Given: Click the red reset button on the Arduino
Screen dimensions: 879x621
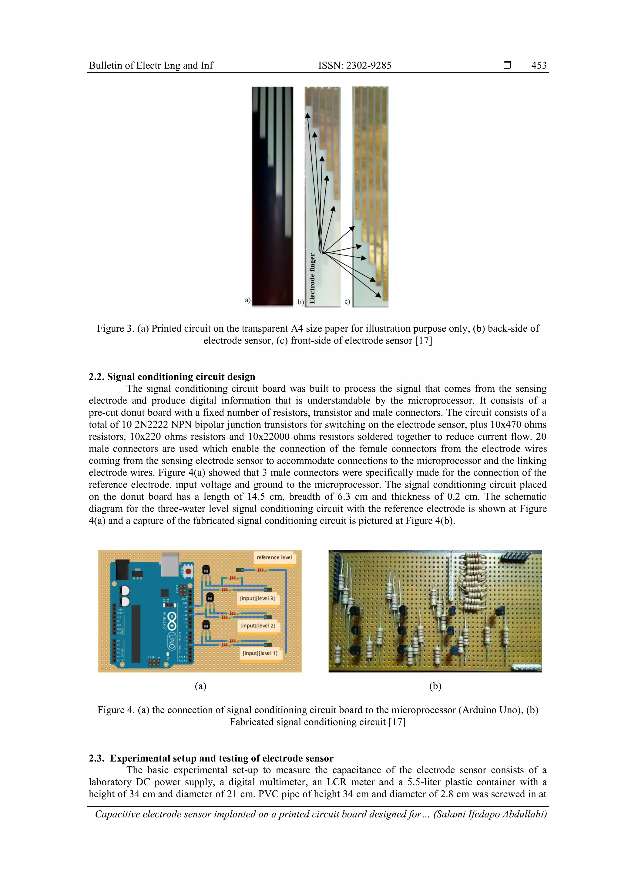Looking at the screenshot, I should pos(188,572).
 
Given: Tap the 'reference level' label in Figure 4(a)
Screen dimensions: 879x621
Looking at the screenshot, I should pos(274,557).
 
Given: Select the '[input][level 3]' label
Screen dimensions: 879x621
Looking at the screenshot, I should pos(257,598).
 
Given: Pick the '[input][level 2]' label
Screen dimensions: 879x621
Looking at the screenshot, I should pos(257,626).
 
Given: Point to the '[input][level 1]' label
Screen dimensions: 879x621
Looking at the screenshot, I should pos(260,653).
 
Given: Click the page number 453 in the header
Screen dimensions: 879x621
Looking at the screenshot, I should pos(539,66).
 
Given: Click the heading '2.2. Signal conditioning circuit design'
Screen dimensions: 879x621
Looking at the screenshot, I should pos(172,377).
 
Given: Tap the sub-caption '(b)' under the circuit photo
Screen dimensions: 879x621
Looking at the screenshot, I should pos(435,686).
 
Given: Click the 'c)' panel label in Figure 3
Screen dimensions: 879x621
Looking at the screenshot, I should pos(347,302).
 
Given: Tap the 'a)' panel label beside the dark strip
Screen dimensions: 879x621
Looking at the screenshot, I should pos(247,300).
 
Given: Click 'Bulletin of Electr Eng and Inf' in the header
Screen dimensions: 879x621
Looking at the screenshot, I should pos(151,66).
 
